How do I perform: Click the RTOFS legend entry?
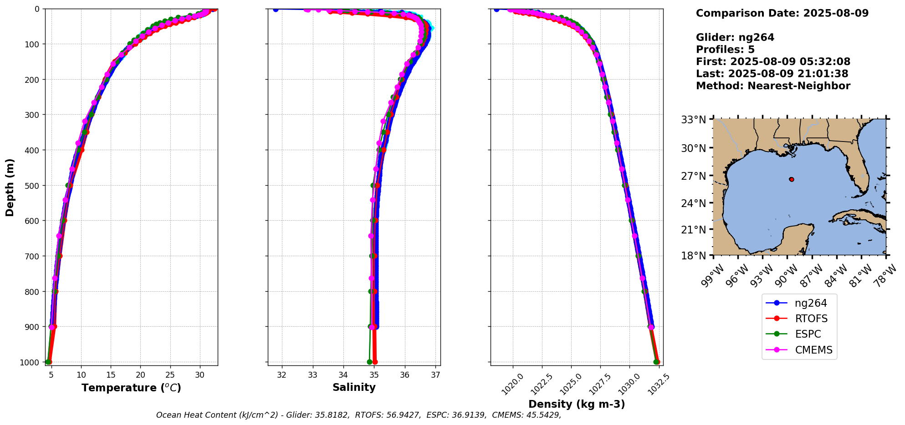pos(811,319)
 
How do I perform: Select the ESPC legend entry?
pos(808,334)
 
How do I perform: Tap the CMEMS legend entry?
pos(813,350)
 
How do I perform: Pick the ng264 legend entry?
pos(811,303)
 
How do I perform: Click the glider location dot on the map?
pos(792,179)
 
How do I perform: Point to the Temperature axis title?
pos(131,388)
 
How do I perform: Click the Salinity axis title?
pos(354,388)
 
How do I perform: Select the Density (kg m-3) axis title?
pos(577,404)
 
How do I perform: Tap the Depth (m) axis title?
pos(10,187)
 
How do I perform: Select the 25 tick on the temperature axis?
pos(170,375)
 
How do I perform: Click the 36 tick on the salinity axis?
pos(404,375)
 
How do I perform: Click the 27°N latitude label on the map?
pos(693,176)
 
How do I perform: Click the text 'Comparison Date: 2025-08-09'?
pos(782,13)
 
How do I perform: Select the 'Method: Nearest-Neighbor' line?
pos(773,86)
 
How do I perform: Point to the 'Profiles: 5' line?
pos(725,50)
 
